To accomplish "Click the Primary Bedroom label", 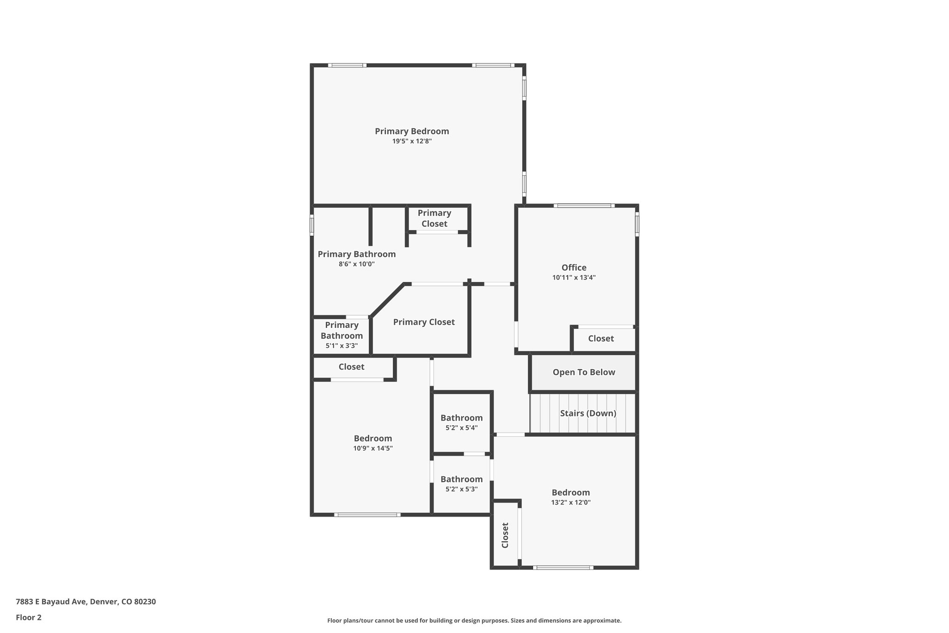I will point(411,131).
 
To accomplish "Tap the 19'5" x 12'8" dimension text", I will point(412,141).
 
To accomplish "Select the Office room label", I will point(574,268).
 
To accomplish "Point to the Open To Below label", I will point(583,372).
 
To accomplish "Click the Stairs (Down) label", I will point(588,413).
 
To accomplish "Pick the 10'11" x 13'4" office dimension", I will point(574,278).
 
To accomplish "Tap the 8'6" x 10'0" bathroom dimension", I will point(356,264).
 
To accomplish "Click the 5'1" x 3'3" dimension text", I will point(342,346).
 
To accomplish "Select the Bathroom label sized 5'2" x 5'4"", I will point(461,418).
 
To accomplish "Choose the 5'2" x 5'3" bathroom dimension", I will point(461,489).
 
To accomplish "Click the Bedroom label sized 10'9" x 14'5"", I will point(373,438).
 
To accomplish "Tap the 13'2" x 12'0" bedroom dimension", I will point(570,503).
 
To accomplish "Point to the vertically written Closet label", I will point(505,535).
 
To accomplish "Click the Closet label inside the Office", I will point(601,339).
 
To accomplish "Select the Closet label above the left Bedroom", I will point(351,367).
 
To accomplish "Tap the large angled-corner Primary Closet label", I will point(424,322).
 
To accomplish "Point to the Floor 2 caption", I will point(29,618).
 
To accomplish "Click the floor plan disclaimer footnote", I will point(474,620).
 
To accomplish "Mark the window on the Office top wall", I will point(584,205).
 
